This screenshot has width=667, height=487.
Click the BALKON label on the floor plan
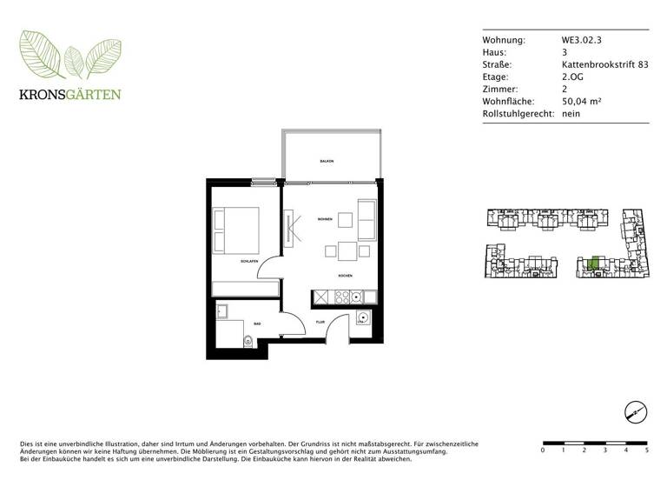pos(327,162)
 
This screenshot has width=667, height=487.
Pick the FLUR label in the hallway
pos(319,320)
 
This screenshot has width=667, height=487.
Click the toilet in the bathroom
pos(249,342)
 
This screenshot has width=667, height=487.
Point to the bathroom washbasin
pos(221,310)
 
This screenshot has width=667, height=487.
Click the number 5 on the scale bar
pos(647,450)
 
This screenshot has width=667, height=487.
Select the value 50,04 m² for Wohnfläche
pos(582,102)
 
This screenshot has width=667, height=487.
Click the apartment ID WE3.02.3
pos(580,41)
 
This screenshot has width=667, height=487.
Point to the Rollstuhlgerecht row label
pos(518,114)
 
